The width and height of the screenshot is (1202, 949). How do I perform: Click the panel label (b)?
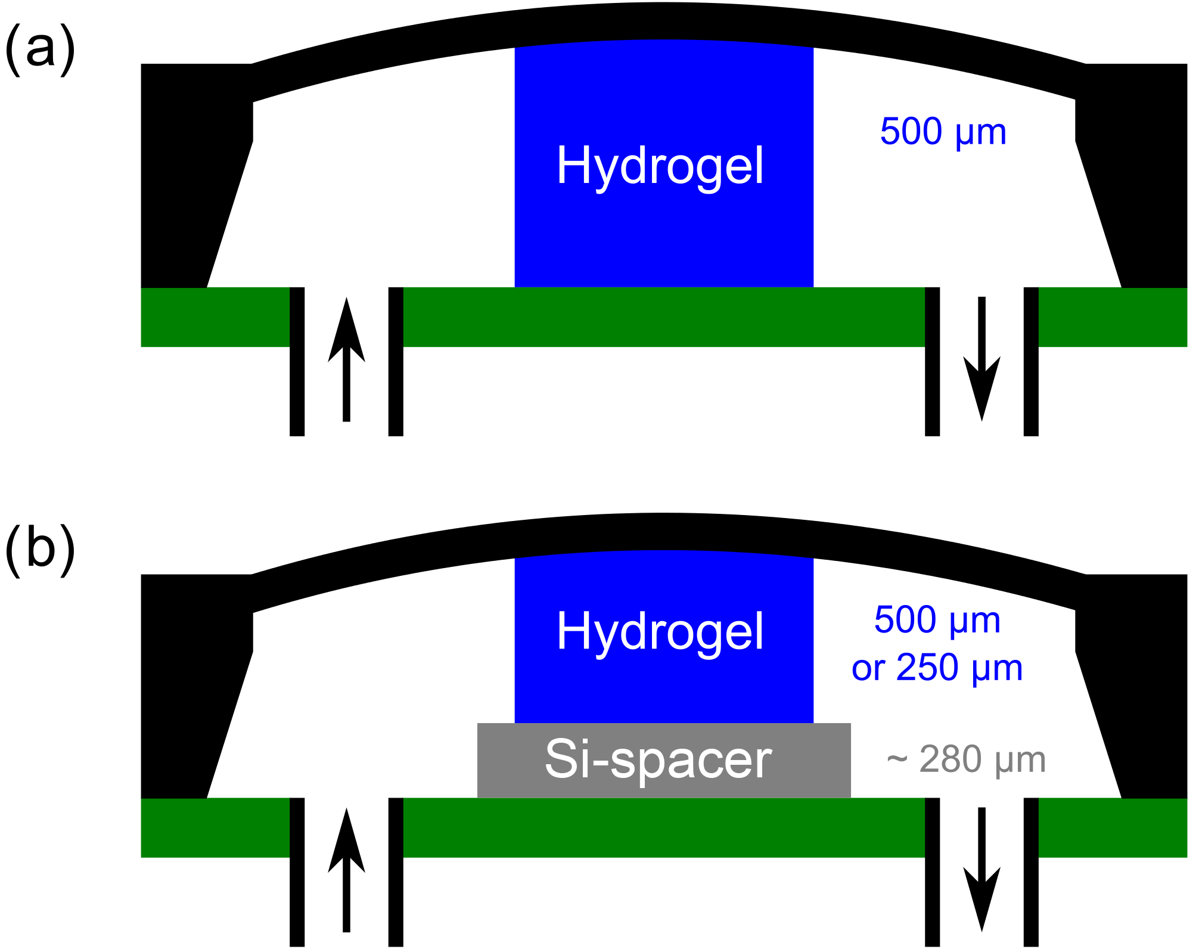pyautogui.click(x=41, y=548)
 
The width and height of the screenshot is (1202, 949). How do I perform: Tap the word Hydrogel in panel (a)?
pyautogui.click(x=660, y=167)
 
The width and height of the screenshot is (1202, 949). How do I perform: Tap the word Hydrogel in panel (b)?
pyautogui.click(x=660, y=632)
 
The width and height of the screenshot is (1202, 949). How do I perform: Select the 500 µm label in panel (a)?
pyautogui.click(x=943, y=132)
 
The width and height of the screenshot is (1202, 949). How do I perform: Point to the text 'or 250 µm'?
pyautogui.click(x=937, y=668)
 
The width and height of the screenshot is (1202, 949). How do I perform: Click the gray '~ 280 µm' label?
pyautogui.click(x=966, y=759)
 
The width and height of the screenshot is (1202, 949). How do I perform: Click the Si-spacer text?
pyautogui.click(x=659, y=759)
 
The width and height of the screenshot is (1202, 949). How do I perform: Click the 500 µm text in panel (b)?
pyautogui.click(x=937, y=620)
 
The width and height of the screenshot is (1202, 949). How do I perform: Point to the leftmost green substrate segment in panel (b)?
pyautogui.click(x=215, y=827)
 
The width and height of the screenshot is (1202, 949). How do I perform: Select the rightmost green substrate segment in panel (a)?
pyautogui.click(x=1113, y=317)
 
